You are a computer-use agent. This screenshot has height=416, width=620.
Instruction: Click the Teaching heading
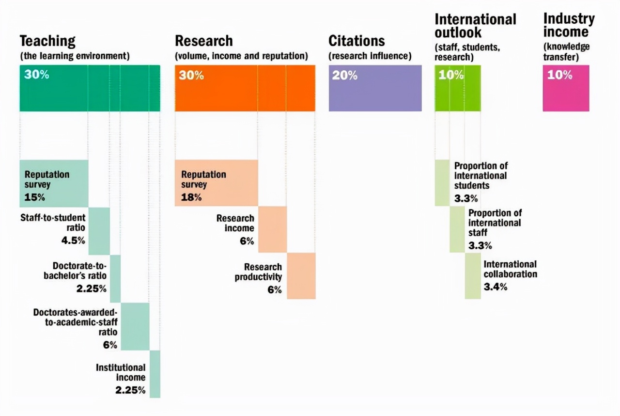47,41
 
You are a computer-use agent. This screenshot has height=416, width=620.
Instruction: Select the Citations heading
356,41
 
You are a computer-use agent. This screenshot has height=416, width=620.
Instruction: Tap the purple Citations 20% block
375,88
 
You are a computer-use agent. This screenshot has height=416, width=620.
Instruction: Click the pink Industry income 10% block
566,88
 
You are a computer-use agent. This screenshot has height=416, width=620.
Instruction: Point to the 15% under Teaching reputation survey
34,197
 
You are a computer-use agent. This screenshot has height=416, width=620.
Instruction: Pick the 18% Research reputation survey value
191,197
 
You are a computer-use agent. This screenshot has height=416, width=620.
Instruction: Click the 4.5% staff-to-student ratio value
73,240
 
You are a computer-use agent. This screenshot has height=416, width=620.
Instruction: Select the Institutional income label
121,372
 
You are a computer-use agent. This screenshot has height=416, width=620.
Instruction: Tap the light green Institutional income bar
155,374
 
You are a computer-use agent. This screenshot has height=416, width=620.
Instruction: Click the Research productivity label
259,272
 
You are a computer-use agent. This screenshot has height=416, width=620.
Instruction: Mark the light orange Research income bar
272,229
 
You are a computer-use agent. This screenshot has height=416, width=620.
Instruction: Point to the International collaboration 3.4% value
495,287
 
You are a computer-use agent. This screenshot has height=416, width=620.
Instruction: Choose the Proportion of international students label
480,176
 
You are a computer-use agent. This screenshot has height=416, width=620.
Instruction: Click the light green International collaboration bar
473,275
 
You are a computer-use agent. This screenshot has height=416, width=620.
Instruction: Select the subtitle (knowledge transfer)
566,51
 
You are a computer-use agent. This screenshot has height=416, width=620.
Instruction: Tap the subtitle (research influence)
370,56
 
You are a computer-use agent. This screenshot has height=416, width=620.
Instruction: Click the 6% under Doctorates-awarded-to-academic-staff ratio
110,345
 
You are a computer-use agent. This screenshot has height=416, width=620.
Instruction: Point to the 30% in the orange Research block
191,76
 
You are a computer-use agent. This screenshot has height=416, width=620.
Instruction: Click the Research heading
203,41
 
